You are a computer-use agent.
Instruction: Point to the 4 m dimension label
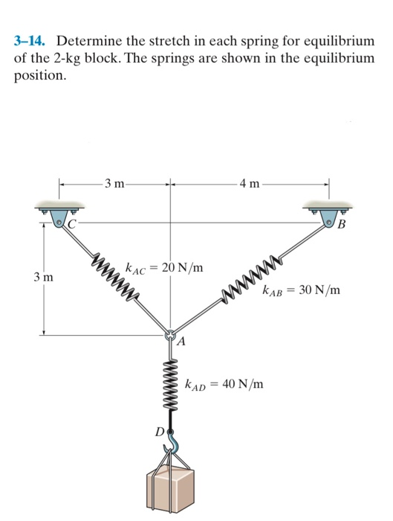249,183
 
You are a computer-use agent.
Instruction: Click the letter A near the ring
181,342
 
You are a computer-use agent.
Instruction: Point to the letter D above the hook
158,430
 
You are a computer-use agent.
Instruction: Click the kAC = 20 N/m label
165,267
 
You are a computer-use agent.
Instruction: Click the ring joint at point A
170,336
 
